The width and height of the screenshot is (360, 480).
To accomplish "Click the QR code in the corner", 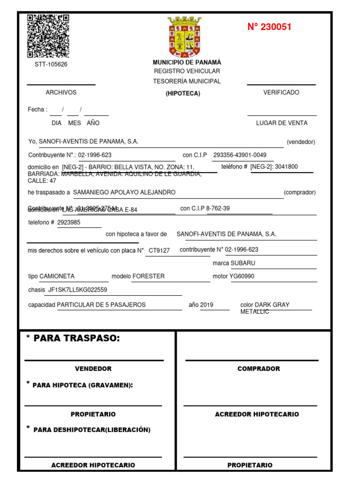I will point(48,36).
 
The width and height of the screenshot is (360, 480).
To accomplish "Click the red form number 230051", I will point(270,27).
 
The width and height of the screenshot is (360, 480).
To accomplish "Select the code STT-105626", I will point(51,65).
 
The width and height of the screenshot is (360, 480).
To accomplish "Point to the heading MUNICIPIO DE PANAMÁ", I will point(187,62).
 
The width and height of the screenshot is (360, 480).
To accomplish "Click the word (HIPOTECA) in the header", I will point(183,94).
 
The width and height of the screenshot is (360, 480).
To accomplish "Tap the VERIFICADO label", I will point(281,93).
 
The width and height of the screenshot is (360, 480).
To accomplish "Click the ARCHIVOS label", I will point(61,93).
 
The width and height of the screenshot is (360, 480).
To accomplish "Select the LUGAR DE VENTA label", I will point(282,123).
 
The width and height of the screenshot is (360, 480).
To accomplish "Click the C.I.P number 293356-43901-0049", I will point(240,155).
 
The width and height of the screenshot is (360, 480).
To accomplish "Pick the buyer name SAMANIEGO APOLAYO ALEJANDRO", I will point(125,193).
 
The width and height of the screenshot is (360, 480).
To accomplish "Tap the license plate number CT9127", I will point(159,251).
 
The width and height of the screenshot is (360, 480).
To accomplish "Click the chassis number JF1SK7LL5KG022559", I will point(78,290).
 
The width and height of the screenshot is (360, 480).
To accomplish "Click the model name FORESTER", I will point(149,277).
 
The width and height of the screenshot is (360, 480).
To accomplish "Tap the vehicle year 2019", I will point(207,305).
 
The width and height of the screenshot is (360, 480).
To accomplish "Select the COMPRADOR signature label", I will point(259,369).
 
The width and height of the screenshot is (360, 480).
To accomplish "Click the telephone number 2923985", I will point(69,223).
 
